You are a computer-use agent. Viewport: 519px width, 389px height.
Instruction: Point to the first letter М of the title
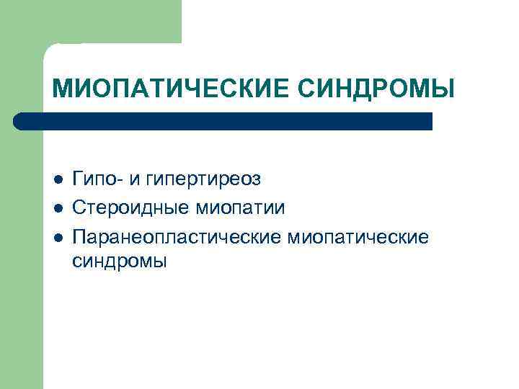(63, 89)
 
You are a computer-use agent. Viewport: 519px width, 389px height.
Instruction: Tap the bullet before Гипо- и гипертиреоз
(58, 178)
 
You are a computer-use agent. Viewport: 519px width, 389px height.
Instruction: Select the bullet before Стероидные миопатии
(58, 208)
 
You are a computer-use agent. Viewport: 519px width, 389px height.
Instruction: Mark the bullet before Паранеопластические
(58, 237)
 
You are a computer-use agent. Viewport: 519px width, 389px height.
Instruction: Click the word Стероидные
(132, 208)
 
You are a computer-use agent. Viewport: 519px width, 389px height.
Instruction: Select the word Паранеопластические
(178, 237)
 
